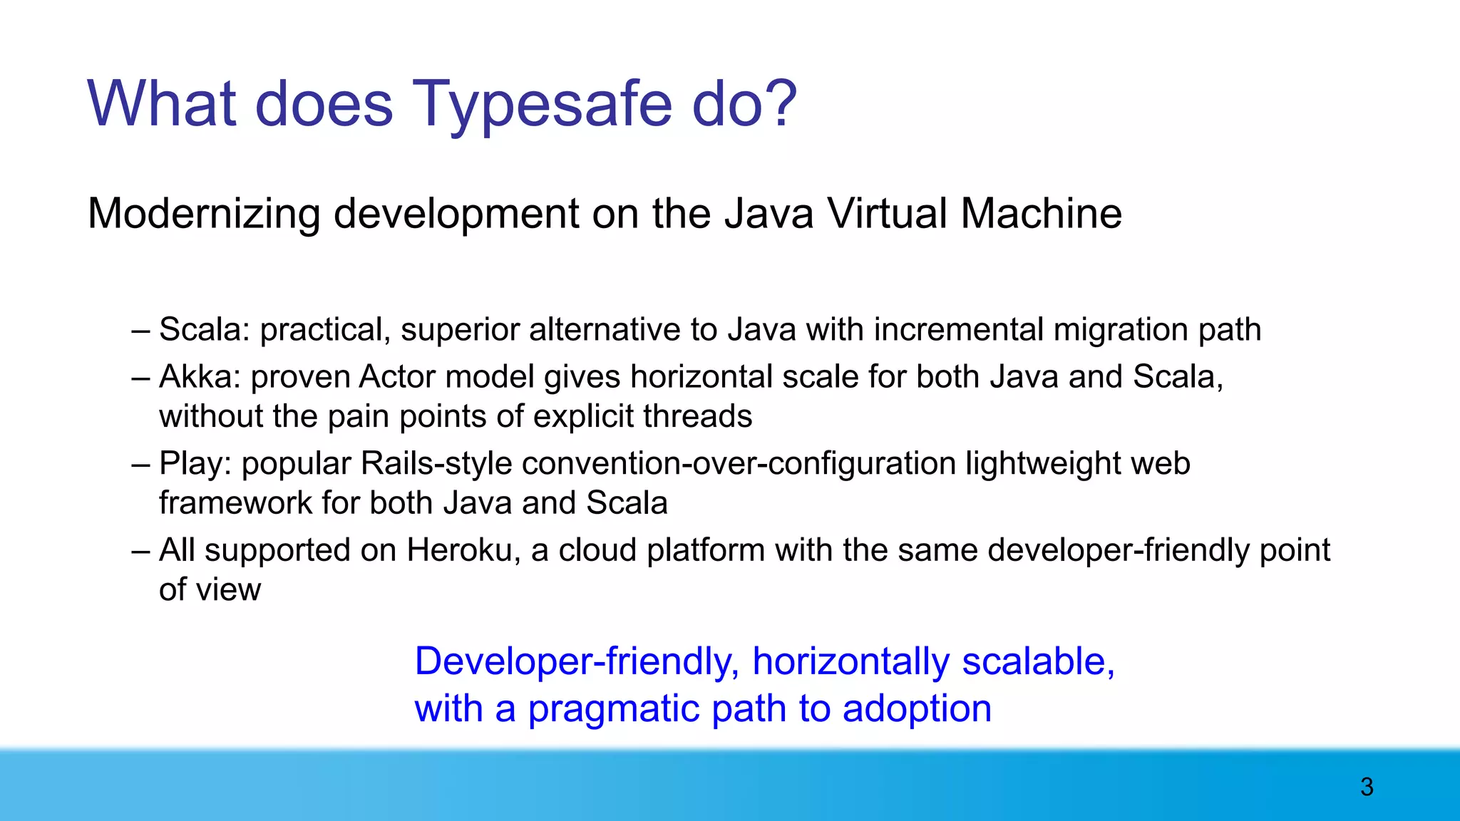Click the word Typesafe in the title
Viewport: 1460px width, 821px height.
pos(542,104)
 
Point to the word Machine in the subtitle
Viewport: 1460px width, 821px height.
pos(1041,213)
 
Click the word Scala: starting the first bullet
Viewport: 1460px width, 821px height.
pos(204,330)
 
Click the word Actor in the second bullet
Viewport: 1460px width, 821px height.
pos(396,377)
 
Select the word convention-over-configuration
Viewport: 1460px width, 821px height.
pos(739,464)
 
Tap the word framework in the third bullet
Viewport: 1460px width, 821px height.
pos(235,503)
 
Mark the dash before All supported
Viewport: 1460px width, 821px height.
pos(140,551)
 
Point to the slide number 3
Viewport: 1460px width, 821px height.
pos(1367,787)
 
